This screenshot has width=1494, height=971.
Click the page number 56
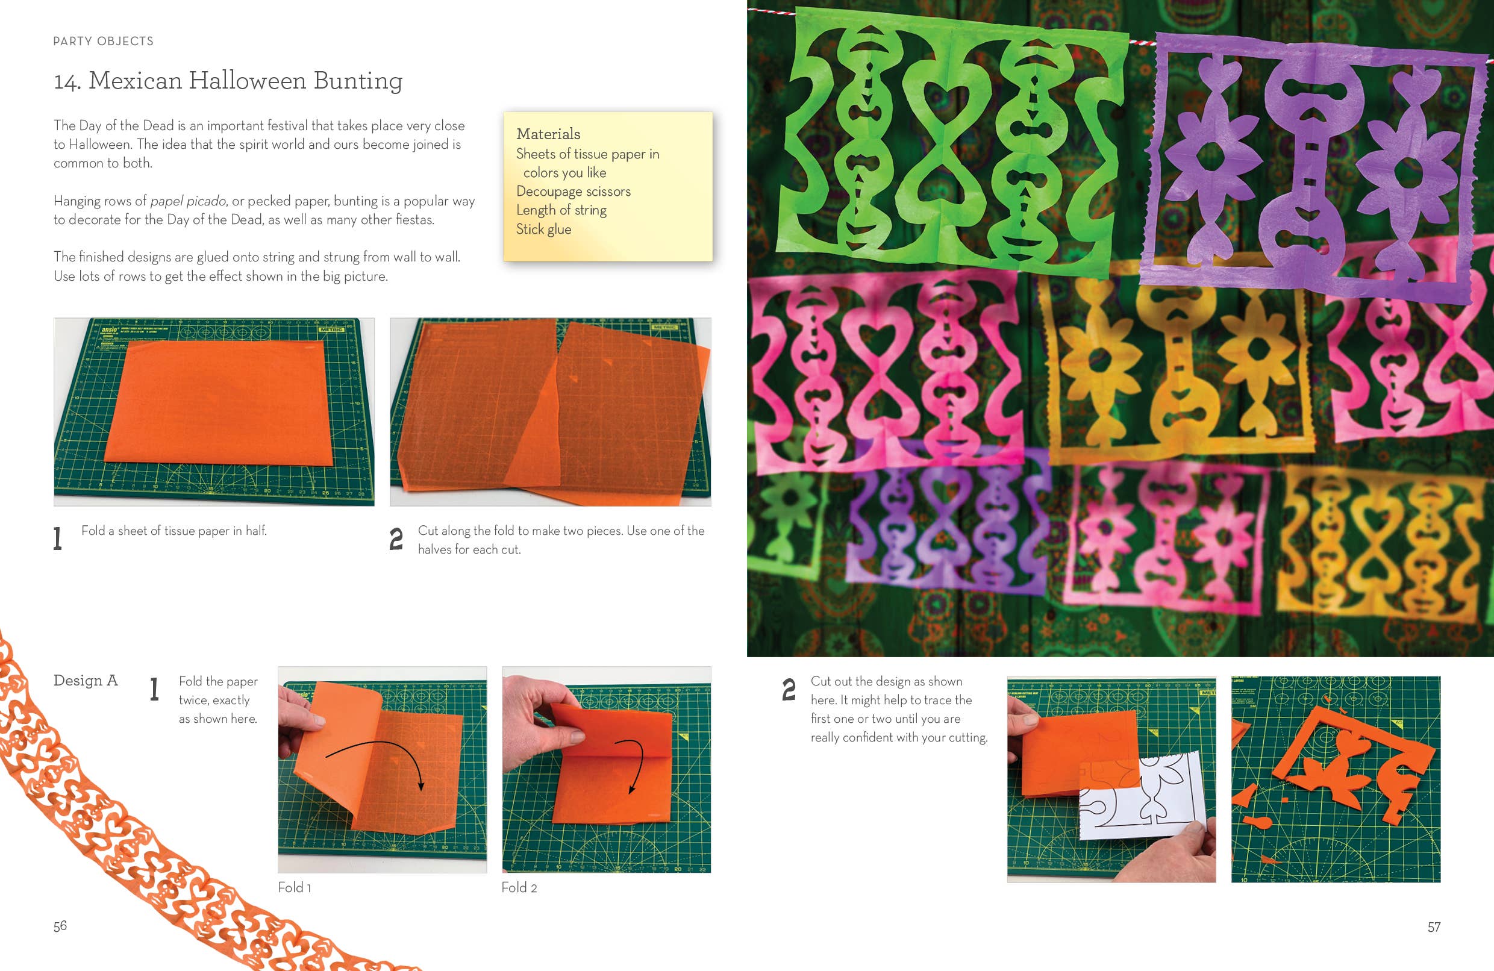[x=60, y=926]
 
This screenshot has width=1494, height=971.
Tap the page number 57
[x=1434, y=926]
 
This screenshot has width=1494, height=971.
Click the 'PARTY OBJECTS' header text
[x=103, y=42]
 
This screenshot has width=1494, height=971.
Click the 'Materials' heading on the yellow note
[x=548, y=134]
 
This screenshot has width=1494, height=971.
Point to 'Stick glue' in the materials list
[x=543, y=229]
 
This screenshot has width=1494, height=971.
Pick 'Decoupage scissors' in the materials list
[x=573, y=192]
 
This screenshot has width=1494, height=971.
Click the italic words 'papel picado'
[x=188, y=201]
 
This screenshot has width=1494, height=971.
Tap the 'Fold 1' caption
[x=295, y=887]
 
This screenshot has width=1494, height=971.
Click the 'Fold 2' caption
[x=519, y=887]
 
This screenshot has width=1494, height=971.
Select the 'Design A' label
[x=86, y=681]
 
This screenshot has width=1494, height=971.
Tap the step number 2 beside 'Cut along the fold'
[x=396, y=539]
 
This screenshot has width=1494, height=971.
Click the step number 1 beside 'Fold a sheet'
[x=58, y=539]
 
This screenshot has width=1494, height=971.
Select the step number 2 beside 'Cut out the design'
[x=789, y=689]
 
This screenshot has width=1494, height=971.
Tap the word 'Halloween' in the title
[x=248, y=81]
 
